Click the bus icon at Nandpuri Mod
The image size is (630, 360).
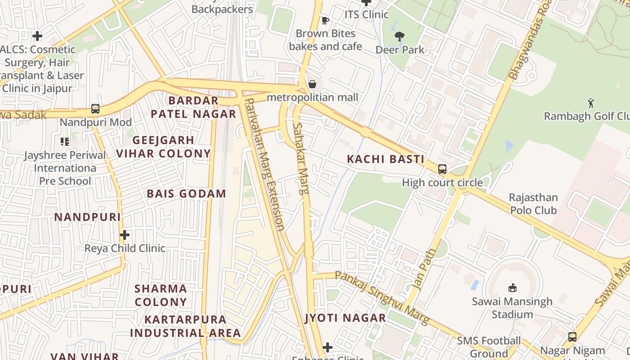tap(95, 108)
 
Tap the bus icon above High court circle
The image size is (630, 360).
tap(442, 169)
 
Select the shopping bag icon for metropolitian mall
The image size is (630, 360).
tap(312, 84)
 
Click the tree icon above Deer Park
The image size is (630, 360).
tap(399, 36)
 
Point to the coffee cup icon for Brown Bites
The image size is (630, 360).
tap(325, 20)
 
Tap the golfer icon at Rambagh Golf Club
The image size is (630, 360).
tap(591, 103)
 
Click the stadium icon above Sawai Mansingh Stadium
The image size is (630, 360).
tap(512, 288)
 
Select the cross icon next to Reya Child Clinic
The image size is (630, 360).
tap(125, 235)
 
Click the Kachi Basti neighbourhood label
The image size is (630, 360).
tap(386, 159)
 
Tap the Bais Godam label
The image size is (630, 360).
tap(186, 194)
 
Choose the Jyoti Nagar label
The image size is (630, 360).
tap(346, 318)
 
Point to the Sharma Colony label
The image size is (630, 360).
tap(161, 295)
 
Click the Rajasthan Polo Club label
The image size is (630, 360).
tap(533, 204)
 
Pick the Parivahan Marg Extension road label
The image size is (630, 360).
tap(265, 164)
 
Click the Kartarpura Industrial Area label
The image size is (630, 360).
tap(185, 326)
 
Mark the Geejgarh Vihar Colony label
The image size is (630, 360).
tap(163, 147)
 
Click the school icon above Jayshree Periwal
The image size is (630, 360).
tap(64, 142)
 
